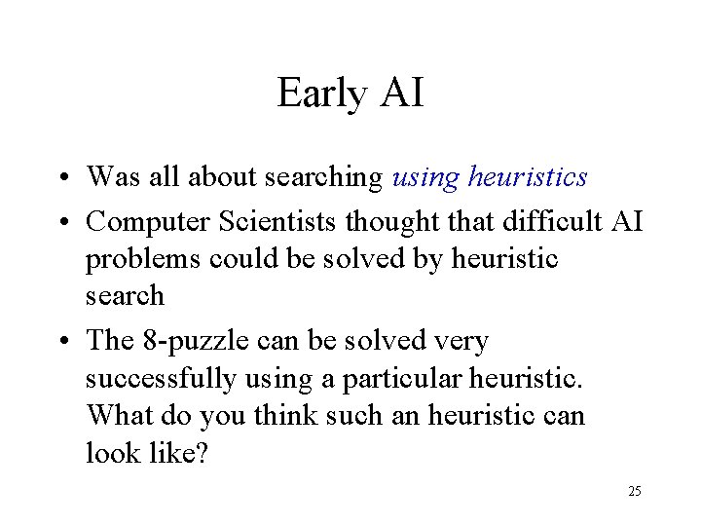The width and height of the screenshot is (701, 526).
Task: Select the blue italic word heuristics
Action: click(528, 176)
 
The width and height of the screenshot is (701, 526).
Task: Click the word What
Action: click(114, 416)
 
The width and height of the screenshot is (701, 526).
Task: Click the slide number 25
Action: click(634, 491)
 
